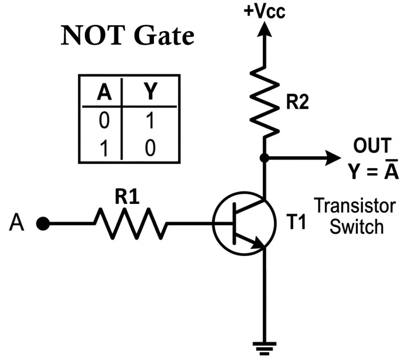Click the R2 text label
(297, 103)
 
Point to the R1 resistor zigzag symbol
(131, 223)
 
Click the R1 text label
(127, 197)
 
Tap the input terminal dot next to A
(42, 224)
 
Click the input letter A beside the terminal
(17, 224)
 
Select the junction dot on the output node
(264, 158)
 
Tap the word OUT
(372, 146)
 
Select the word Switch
(356, 226)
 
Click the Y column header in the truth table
(151, 93)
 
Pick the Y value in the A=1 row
(150, 148)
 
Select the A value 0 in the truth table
(104, 121)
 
